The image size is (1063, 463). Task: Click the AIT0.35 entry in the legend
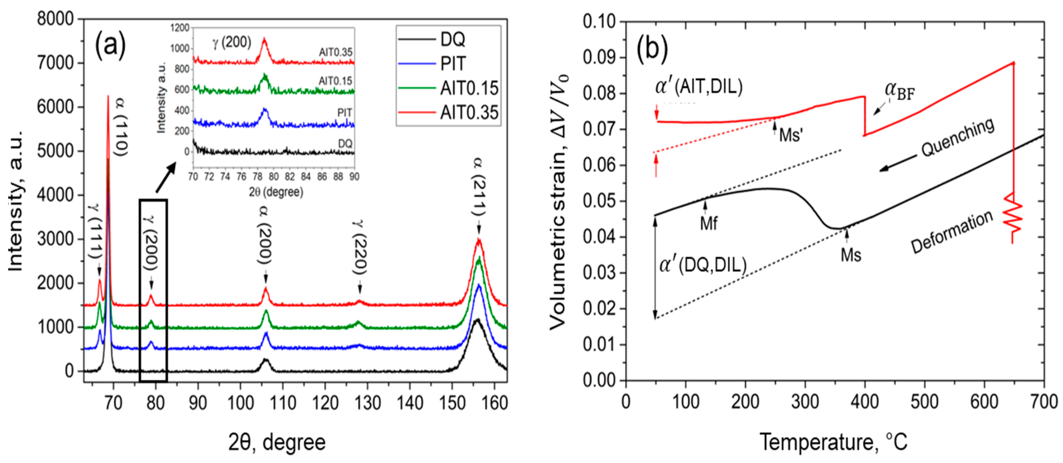pos(469,112)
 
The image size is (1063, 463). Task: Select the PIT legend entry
pos(453,64)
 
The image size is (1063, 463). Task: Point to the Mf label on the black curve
pos(708,224)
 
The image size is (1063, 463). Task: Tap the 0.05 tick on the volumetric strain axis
pos(599,202)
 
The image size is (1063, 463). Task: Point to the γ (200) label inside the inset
pos(232,42)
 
